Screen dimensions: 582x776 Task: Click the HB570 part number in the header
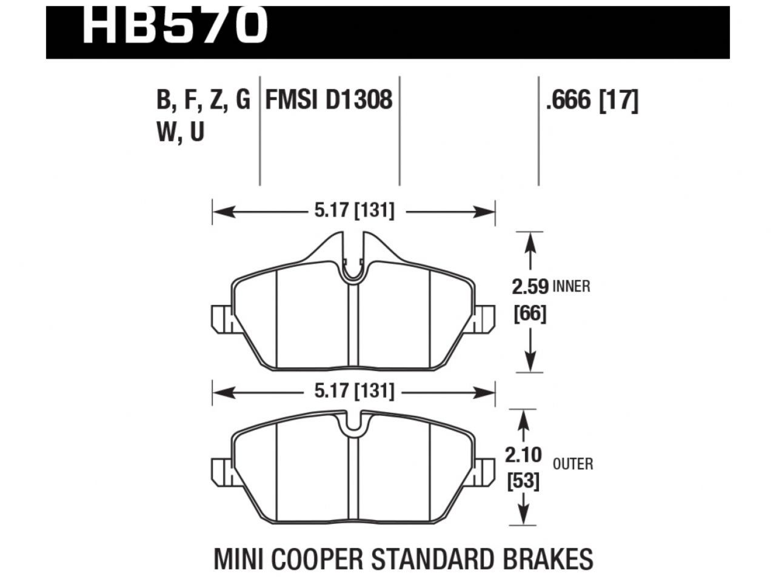(175, 24)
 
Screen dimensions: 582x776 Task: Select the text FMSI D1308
(329, 99)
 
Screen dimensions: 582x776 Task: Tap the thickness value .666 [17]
(592, 99)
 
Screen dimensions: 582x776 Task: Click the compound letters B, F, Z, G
(202, 99)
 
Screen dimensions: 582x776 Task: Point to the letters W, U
(180, 132)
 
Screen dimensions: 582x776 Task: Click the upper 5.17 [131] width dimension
(354, 212)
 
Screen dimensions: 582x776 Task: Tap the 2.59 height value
(530, 286)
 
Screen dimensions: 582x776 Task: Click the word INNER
(571, 286)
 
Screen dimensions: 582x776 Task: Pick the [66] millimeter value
(530, 314)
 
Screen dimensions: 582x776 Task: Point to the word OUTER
(573, 464)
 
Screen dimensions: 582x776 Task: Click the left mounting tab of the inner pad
(221, 319)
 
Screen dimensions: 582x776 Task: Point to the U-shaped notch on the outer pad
(353, 424)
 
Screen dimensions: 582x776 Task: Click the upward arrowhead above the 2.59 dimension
(531, 239)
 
